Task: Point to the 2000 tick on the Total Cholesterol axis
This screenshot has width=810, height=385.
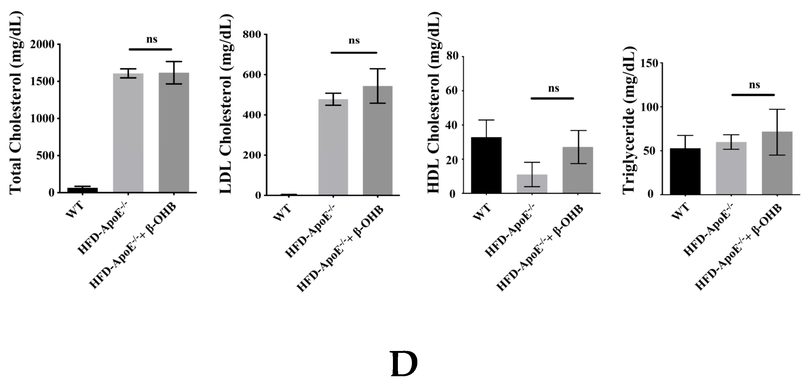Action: coord(43,44)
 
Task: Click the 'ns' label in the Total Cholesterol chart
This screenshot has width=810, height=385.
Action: coord(152,40)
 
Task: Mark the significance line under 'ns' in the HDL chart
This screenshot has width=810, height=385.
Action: coord(552,99)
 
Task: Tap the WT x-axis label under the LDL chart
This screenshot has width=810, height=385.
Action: coord(282,213)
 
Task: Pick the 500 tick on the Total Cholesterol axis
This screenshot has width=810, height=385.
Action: coord(46,155)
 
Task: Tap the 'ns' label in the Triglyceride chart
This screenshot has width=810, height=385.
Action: coord(754,85)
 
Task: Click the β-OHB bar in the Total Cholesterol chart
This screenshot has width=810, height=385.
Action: coord(174,132)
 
